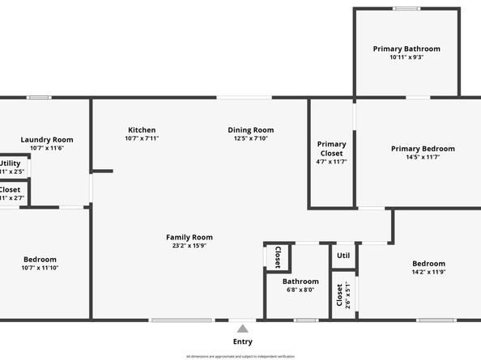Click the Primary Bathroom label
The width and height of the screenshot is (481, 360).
407,49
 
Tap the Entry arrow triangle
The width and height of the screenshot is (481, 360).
242,328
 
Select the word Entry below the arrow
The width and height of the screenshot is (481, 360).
242,341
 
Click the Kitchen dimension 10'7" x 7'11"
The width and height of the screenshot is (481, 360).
142,138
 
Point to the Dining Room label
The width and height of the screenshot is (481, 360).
250,129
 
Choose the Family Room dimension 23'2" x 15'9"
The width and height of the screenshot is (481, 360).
189,246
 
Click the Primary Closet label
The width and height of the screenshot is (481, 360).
331,149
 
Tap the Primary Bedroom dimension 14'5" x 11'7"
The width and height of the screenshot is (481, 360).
423,157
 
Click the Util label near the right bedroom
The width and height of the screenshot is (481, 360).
343,256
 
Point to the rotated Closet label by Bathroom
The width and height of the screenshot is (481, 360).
277,256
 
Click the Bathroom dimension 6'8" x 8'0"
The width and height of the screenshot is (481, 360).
300,290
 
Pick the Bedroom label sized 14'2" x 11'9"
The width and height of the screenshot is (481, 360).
428,264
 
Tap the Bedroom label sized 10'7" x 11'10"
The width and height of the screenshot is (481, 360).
40,259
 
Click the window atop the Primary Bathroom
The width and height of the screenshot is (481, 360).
407,9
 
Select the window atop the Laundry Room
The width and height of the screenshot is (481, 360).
38,98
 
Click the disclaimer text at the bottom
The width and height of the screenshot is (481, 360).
240,356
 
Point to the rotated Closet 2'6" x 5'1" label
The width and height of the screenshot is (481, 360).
339,295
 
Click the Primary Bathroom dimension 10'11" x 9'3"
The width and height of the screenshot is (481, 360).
407,57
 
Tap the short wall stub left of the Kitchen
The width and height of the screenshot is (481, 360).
102,171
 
